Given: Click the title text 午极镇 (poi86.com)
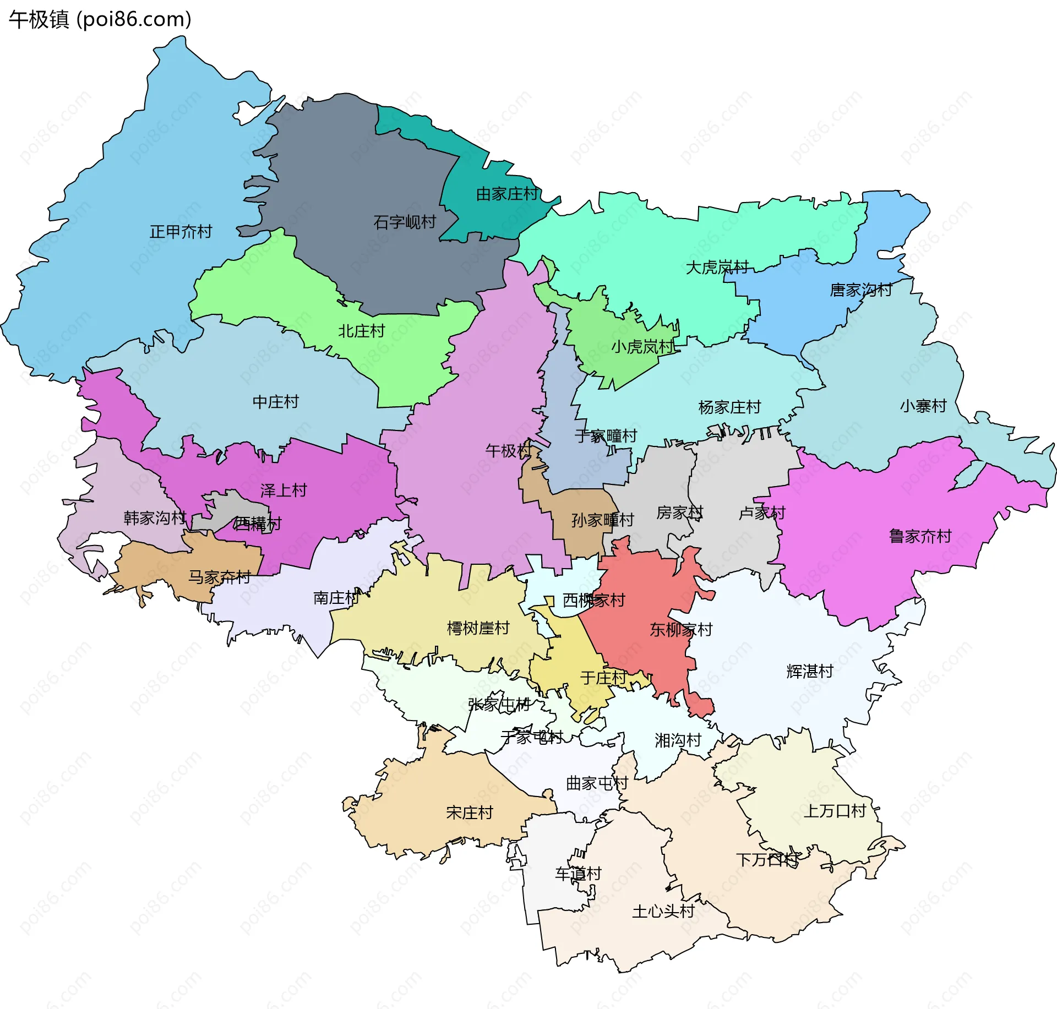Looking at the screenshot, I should coord(100,20).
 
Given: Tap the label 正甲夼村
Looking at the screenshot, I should coord(181,232).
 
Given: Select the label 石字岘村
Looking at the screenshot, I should coord(405,222).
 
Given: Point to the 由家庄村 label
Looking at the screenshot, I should coord(507,194).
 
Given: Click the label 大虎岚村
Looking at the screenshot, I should coord(717,268).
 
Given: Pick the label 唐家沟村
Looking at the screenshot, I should coord(861,290).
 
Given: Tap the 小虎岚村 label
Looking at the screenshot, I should coord(642,347).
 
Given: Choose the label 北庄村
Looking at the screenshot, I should coord(361,331).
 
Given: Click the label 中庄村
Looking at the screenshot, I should coord(275,402).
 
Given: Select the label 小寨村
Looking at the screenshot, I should coord(923,406).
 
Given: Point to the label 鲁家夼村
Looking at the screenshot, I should coord(920,536).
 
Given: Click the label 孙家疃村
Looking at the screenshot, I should coord(602,520).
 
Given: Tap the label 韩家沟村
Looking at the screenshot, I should coord(155,518).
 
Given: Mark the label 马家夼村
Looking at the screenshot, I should coord(219,577).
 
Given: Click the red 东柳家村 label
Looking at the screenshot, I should coord(681,630).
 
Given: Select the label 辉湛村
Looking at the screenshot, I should coord(809,672).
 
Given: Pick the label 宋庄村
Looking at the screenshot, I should coord(469,813).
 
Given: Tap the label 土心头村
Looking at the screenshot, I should coord(663,912).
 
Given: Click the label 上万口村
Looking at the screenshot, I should coord(835,811).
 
